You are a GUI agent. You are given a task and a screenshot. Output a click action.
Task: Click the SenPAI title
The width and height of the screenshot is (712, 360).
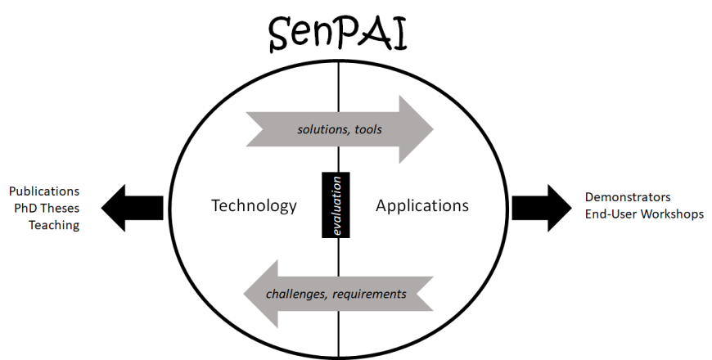(x=339, y=35)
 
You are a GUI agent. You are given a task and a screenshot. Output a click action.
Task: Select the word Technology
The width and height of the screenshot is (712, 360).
(x=254, y=205)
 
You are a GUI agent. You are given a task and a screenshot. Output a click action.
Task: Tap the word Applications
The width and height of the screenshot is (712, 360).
(x=422, y=205)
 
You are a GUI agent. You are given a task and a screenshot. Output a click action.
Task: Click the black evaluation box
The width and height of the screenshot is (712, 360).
(x=336, y=205)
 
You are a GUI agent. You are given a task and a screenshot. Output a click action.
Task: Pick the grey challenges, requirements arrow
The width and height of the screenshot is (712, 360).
(x=336, y=293)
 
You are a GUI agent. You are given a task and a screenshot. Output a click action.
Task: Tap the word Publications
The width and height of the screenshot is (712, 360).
(x=44, y=191)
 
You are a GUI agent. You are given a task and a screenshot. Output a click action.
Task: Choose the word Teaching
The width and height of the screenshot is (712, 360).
(x=54, y=225)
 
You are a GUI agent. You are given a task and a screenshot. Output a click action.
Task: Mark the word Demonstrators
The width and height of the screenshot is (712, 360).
(x=628, y=197)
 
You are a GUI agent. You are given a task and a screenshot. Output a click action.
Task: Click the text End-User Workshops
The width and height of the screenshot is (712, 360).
(x=644, y=214)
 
